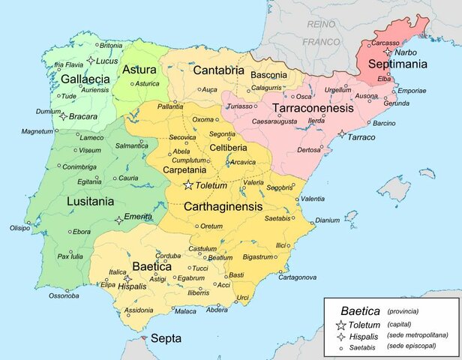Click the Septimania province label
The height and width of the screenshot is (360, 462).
point(396,64)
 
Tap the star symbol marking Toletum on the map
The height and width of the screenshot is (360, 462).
point(188,185)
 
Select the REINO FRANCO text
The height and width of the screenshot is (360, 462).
point(321,34)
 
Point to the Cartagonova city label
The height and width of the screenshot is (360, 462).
point(298,277)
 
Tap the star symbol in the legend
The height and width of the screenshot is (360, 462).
point(340,324)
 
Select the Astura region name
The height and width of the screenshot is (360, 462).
point(139,69)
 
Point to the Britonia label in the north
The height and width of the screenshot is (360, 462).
point(110,45)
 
